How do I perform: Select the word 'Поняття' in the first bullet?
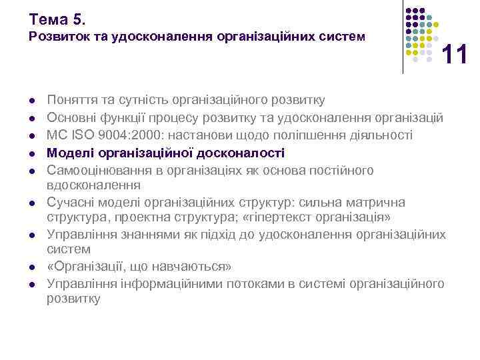[x=69, y=101]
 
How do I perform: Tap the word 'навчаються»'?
[x=199, y=267]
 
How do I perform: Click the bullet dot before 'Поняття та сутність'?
[x=32, y=101]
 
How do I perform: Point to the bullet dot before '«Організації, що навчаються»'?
[x=32, y=267]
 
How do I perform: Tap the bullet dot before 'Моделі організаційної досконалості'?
[x=32, y=153]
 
